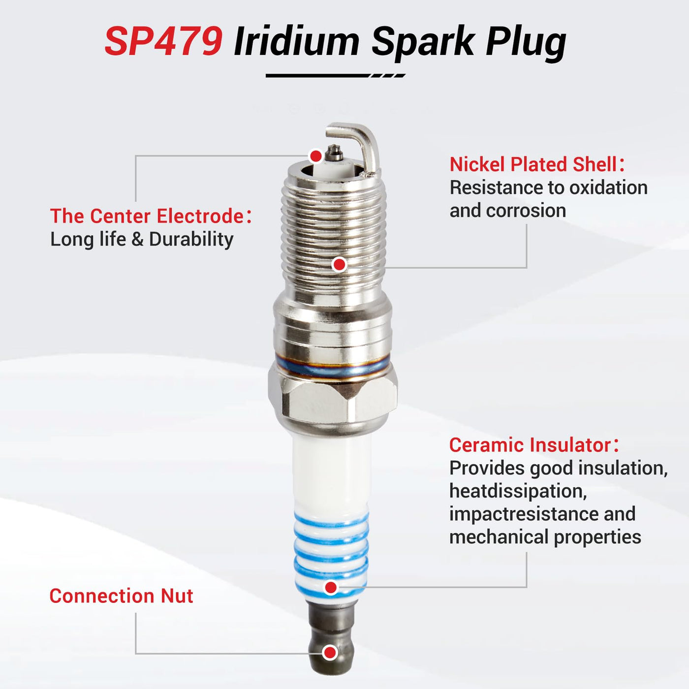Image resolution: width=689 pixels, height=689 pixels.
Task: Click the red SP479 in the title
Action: click(164, 41)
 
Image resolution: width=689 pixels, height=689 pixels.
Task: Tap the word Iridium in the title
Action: click(296, 41)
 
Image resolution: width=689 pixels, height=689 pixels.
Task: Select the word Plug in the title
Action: click(525, 45)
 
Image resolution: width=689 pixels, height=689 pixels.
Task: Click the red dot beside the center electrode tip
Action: click(316, 156)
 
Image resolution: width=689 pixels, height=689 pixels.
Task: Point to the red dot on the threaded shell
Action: click(339, 265)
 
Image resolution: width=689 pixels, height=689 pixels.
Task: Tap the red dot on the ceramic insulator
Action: click(331, 587)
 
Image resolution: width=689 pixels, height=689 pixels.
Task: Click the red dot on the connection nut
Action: click(329, 653)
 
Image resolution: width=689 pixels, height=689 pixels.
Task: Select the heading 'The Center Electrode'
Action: click(147, 216)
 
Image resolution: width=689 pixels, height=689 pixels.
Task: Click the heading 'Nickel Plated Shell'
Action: click(533, 164)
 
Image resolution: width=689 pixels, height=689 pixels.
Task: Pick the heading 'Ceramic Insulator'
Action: click(530, 445)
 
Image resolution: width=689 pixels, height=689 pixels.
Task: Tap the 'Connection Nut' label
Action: click(121, 596)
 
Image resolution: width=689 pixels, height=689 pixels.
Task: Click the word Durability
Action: click(191, 239)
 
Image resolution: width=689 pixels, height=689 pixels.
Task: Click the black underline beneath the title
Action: click(335, 75)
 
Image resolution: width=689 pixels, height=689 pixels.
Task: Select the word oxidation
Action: click(608, 188)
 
